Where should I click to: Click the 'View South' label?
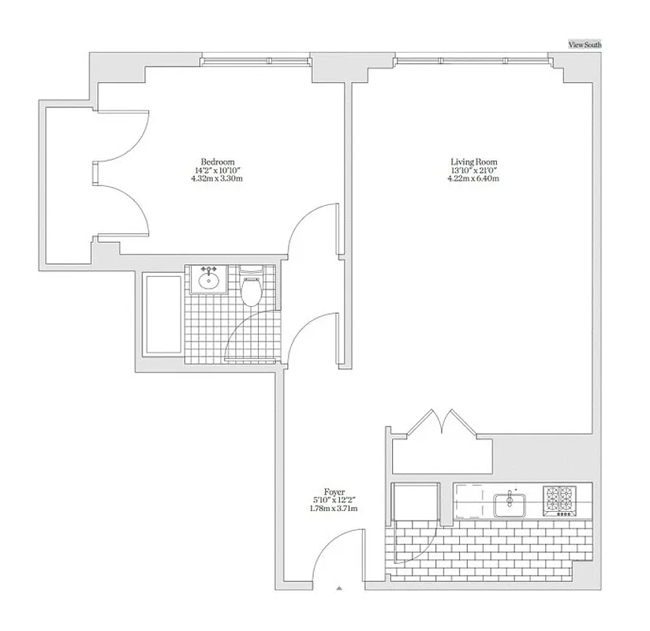click(x=585, y=45)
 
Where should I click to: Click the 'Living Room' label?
click(x=473, y=162)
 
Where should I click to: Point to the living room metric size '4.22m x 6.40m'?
click(x=473, y=179)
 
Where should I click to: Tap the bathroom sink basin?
click(x=210, y=280)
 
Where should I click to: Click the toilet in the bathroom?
click(x=252, y=291)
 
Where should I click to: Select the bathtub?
click(x=162, y=315)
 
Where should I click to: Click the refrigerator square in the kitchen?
click(x=416, y=502)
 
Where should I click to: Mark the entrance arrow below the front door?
click(x=339, y=588)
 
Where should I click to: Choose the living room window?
click(x=471, y=60)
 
